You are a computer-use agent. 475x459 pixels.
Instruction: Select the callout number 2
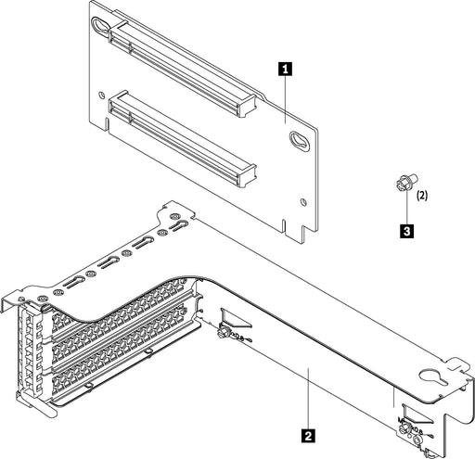[x=307, y=431]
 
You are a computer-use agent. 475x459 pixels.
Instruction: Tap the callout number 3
[x=405, y=226]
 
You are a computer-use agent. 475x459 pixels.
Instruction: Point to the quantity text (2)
[x=422, y=196]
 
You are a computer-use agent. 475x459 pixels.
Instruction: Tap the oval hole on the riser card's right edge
[x=298, y=141]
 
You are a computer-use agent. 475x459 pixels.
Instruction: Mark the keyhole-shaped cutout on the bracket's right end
[x=430, y=380]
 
